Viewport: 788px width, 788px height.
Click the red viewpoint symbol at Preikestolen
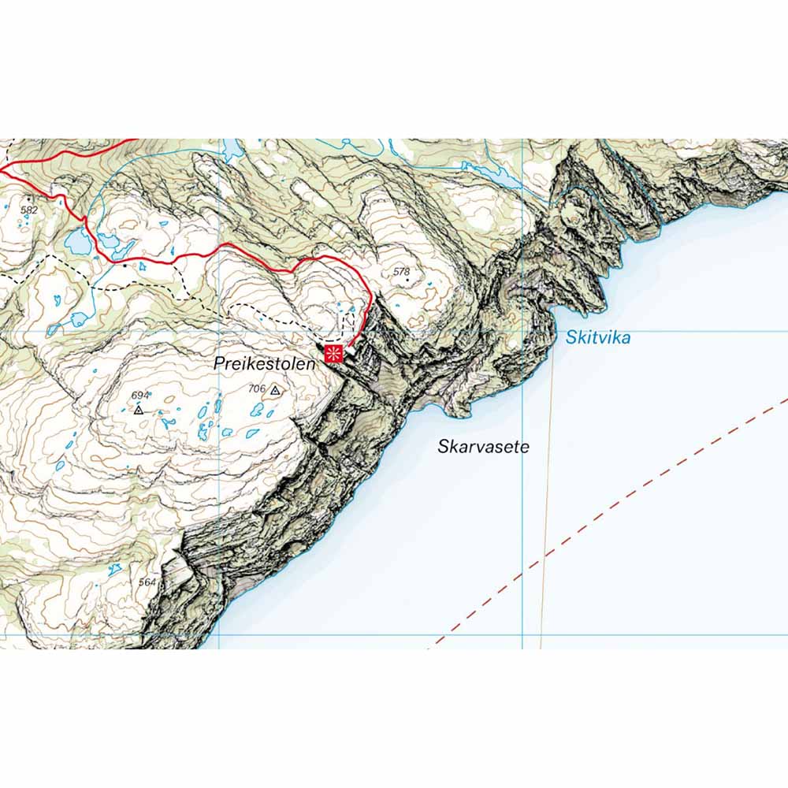[x=334, y=352]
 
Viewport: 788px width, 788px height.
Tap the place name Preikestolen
[x=264, y=364]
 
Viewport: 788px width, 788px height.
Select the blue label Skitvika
[x=598, y=338]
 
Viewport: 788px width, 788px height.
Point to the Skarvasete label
[x=483, y=447]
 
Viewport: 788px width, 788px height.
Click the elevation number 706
[x=256, y=388]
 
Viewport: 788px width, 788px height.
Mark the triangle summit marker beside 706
[x=274, y=390]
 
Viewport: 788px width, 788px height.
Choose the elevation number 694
[x=140, y=395]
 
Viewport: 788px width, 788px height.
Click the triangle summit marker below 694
[x=138, y=410]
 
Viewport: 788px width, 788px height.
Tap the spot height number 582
[x=29, y=210]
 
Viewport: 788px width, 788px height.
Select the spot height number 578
[x=402, y=272]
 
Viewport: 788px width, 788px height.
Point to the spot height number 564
[x=147, y=582]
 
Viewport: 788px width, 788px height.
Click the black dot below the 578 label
[x=407, y=281]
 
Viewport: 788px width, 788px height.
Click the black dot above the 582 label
[x=30, y=197]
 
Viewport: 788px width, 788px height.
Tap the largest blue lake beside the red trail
[x=76, y=242]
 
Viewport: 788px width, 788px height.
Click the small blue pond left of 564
[x=115, y=569]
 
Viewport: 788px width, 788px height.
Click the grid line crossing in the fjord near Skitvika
[x=522, y=331]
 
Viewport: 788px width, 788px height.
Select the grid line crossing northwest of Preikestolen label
[x=218, y=331]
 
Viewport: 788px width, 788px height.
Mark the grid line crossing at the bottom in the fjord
[x=522, y=634]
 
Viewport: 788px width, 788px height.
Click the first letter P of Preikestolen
[x=218, y=364]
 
